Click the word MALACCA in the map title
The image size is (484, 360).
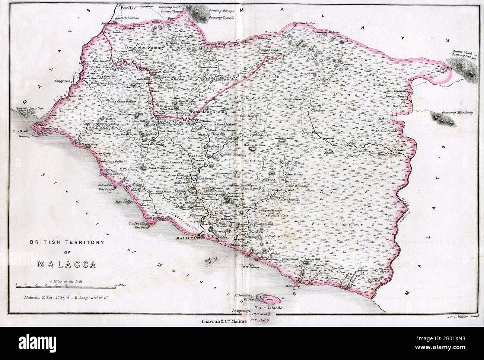coord(67,264)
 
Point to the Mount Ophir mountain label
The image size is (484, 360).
coord(464,54)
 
